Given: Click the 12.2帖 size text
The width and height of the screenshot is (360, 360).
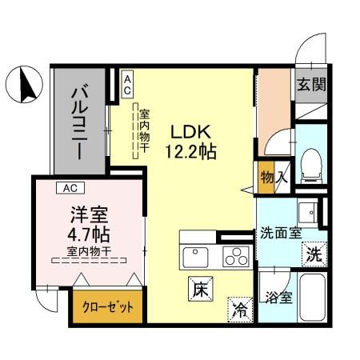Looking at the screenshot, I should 192,150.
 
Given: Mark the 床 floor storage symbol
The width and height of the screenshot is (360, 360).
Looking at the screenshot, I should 200,290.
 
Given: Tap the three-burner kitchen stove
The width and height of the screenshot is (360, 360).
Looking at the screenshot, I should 235,257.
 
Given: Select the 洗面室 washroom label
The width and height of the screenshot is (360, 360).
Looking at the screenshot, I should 280,234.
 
